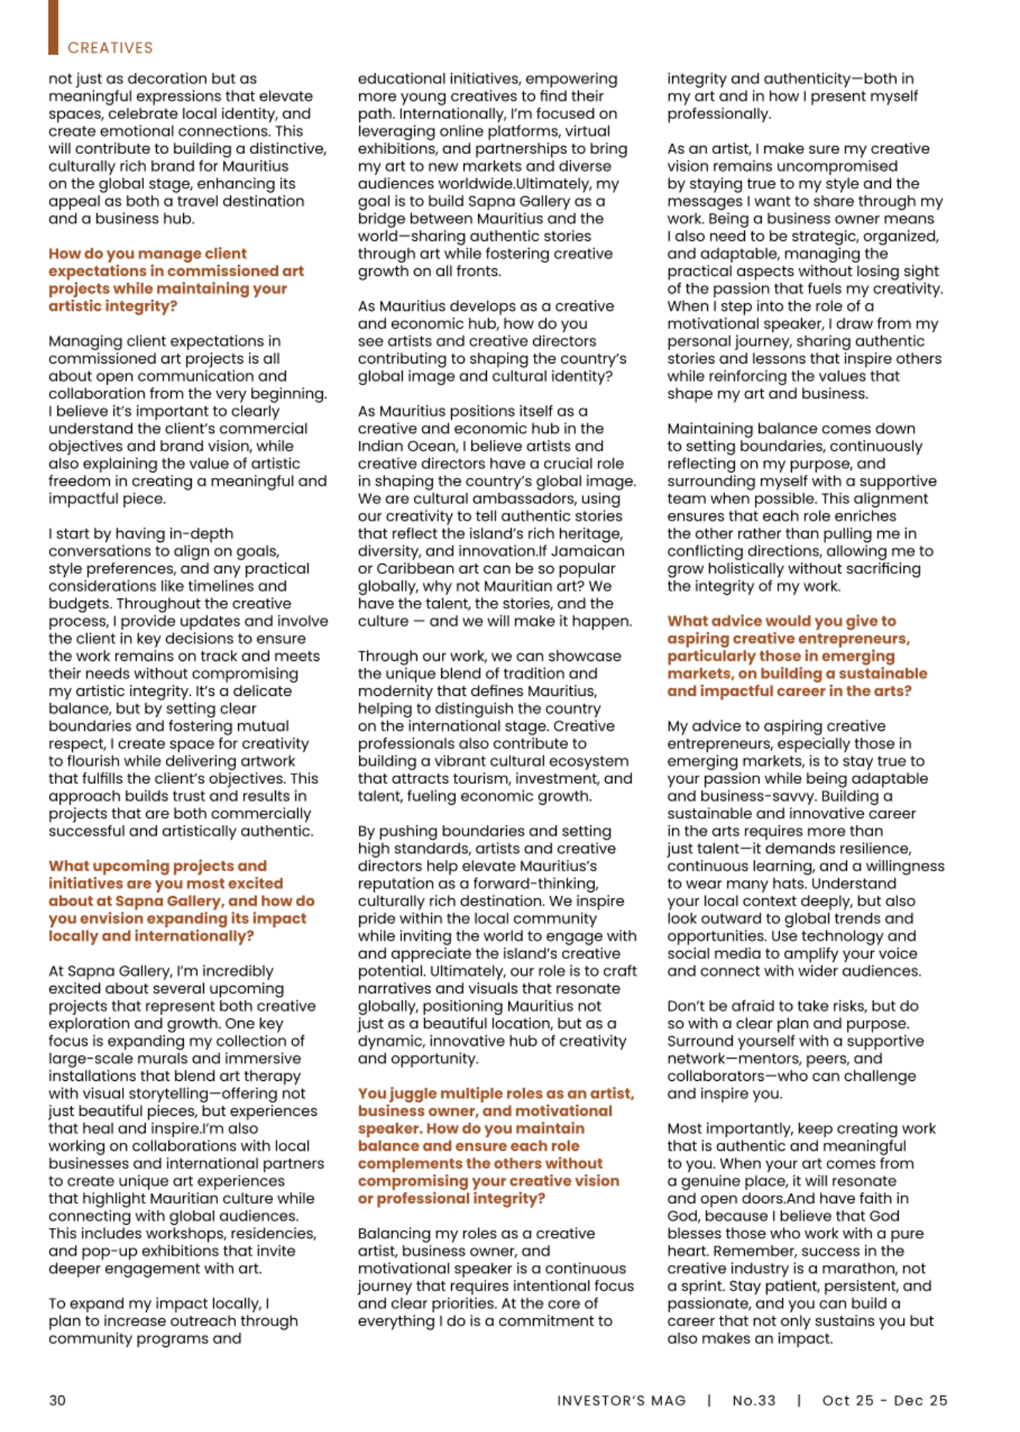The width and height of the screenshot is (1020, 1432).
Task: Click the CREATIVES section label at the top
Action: [x=110, y=48]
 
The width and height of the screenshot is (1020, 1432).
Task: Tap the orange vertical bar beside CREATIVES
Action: [x=53, y=27]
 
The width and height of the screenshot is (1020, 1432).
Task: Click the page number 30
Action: [x=57, y=1400]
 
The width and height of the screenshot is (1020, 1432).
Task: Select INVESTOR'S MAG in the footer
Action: [x=621, y=1400]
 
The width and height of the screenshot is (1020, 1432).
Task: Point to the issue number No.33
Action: [x=753, y=1400]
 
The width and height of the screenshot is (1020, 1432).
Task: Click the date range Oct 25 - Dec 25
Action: [x=884, y=1400]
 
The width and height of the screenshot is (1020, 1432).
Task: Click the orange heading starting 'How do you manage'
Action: [x=176, y=280]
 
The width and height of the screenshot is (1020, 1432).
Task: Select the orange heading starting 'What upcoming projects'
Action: [x=182, y=901]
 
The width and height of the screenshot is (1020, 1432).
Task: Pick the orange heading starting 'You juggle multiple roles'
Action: [x=495, y=1146]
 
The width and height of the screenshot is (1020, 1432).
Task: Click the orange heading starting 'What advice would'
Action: [x=797, y=656]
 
